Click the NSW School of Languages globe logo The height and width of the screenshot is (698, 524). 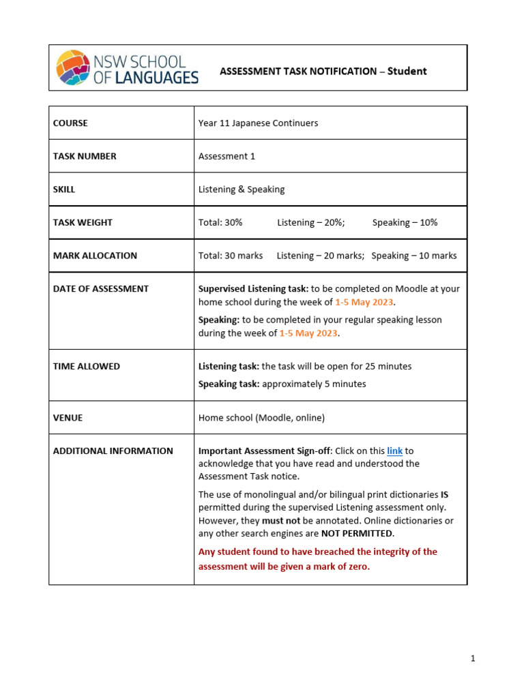pyautogui.click(x=72, y=67)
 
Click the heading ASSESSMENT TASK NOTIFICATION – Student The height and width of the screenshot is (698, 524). pyautogui.click(x=323, y=71)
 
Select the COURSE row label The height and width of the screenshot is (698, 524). pyautogui.click(x=70, y=123)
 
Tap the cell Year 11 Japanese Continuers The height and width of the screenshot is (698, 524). pyautogui.click(x=258, y=123)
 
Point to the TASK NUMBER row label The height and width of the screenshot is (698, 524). pyautogui.click(x=85, y=156)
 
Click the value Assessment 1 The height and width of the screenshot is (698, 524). pyautogui.click(x=227, y=156)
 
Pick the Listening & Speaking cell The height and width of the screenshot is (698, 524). pyautogui.click(x=241, y=189)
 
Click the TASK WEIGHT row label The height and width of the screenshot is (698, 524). pyautogui.click(x=83, y=222)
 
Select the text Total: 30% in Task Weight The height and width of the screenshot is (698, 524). pyautogui.click(x=220, y=222)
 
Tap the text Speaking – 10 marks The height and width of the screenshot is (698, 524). pyautogui.click(x=414, y=256)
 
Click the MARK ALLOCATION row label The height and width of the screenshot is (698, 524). pyautogui.click(x=95, y=256)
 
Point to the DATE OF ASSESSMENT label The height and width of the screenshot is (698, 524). pyautogui.click(x=100, y=289)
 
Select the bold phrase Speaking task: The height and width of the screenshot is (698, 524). pyautogui.click(x=229, y=384)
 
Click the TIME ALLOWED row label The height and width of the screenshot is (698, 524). pyautogui.click(x=86, y=366)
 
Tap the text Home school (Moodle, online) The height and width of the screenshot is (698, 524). pyautogui.click(x=261, y=418)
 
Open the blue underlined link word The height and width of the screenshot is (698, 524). pyautogui.click(x=394, y=451)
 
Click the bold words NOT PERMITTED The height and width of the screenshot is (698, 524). pyautogui.click(x=357, y=533)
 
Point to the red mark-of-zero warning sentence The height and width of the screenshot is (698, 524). pyautogui.click(x=317, y=559)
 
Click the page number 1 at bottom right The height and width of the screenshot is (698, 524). pyautogui.click(x=472, y=658)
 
